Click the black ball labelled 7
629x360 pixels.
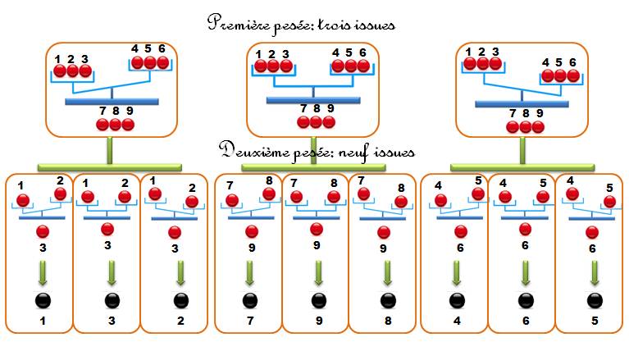coord(250,301)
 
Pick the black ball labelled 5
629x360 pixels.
coord(595,301)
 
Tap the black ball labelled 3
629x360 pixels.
coord(112,301)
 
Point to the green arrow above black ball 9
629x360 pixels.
coord(318,273)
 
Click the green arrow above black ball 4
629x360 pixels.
coord(457,273)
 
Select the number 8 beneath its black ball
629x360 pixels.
coord(388,321)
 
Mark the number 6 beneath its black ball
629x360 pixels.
coord(526,321)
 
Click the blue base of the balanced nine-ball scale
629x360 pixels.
coord(313,100)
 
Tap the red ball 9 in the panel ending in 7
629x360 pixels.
coord(252,231)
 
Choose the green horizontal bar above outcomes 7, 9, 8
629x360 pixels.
coord(313,167)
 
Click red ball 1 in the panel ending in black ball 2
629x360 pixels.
coord(155,194)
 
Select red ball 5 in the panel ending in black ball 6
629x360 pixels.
coord(543,197)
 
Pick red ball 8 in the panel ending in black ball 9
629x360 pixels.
coord(333,197)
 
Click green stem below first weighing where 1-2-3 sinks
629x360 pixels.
coord(110,151)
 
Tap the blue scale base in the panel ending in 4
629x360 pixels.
coord(460,218)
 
